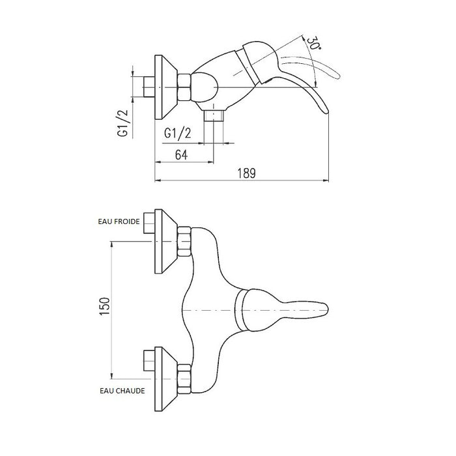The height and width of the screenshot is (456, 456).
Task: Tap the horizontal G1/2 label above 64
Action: (177, 133)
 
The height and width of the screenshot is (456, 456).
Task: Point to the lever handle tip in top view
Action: (326, 309)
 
